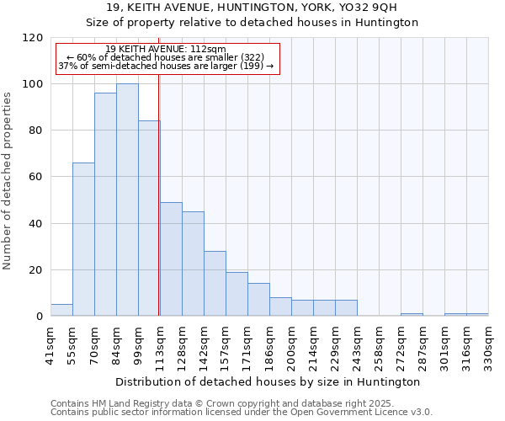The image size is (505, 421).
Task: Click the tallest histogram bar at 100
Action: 127,200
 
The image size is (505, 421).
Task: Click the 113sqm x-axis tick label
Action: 160,345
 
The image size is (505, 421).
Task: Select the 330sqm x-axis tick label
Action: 488,345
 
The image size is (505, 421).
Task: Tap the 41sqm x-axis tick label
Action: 50,345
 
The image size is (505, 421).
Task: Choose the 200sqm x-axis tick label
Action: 291,345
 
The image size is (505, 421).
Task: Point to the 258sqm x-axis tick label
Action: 379,345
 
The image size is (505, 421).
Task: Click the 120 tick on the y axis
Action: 33,38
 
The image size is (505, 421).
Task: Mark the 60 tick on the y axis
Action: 36,177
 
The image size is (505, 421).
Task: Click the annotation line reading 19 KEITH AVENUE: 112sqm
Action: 166,50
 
